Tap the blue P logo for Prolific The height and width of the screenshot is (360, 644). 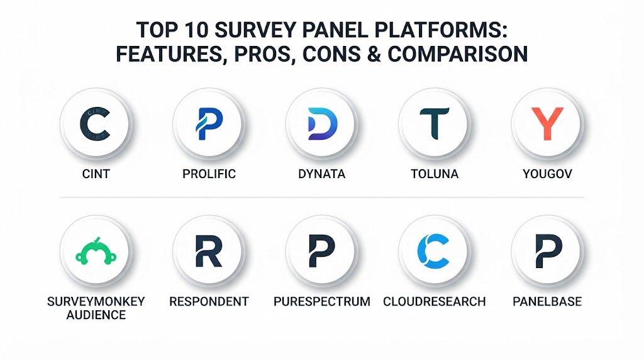209,124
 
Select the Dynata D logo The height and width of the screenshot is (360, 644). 323,124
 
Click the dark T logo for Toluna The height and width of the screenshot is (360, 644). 435,124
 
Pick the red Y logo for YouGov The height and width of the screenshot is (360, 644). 548,123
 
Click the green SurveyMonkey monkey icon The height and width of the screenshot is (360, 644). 96,252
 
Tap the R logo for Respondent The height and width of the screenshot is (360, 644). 209,251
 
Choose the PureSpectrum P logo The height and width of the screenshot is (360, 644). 321,251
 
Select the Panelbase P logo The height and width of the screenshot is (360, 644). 548,251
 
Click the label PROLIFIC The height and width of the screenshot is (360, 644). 209,174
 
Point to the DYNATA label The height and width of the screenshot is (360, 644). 321,174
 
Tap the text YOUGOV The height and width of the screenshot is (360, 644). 548,174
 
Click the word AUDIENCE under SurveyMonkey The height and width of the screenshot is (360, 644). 96,315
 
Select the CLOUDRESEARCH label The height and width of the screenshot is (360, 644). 435,301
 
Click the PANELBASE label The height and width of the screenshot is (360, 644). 548,301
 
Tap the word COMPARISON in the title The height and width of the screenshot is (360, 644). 458,54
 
